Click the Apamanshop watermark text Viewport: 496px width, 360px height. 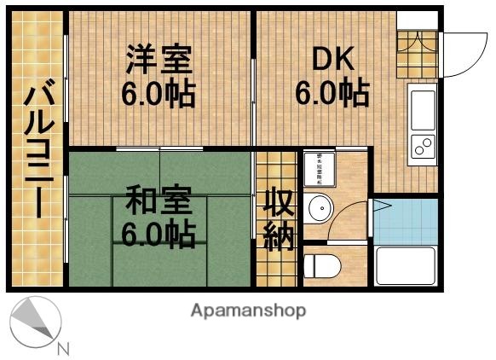point(248,311)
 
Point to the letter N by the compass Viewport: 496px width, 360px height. point(63,348)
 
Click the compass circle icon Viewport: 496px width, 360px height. point(35,322)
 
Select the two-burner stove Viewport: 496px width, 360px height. point(423,147)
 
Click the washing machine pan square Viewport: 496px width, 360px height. point(320,168)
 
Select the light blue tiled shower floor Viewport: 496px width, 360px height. point(406,220)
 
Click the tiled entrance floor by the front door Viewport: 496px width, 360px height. point(418,44)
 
